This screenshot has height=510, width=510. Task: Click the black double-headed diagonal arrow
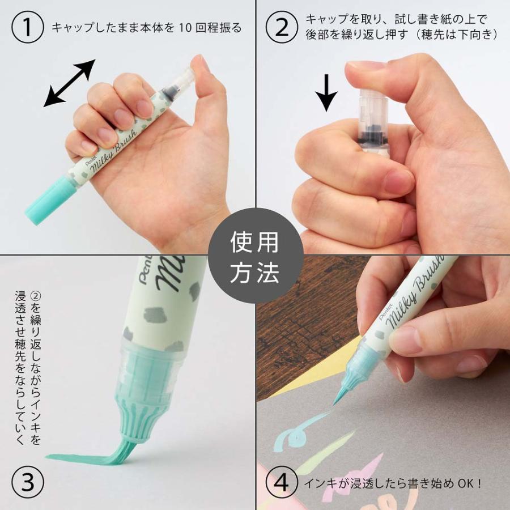[69, 83]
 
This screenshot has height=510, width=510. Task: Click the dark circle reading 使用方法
[254, 257]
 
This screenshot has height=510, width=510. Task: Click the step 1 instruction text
[146, 28]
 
